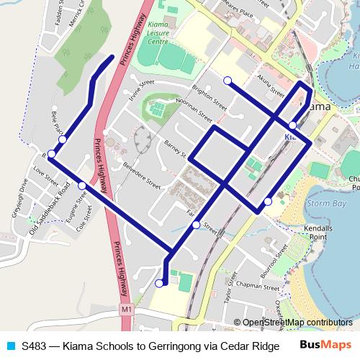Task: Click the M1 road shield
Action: click(x=126, y=309)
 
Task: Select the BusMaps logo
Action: click(x=325, y=346)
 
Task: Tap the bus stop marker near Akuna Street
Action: click(x=228, y=80)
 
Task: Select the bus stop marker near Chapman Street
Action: click(x=159, y=284)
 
